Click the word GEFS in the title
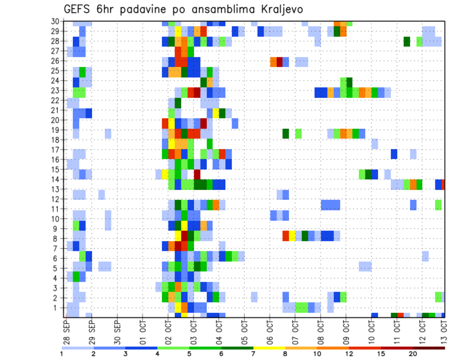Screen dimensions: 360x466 pyautogui.click(x=77, y=9)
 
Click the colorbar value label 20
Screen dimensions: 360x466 pyautogui.click(x=413, y=354)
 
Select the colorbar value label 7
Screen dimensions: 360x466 pyautogui.click(x=253, y=354)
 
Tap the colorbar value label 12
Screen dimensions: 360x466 pyautogui.click(x=349, y=354)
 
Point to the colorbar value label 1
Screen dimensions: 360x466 pyautogui.click(x=62, y=354)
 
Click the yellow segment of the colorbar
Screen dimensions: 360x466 pyautogui.click(x=269, y=348)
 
